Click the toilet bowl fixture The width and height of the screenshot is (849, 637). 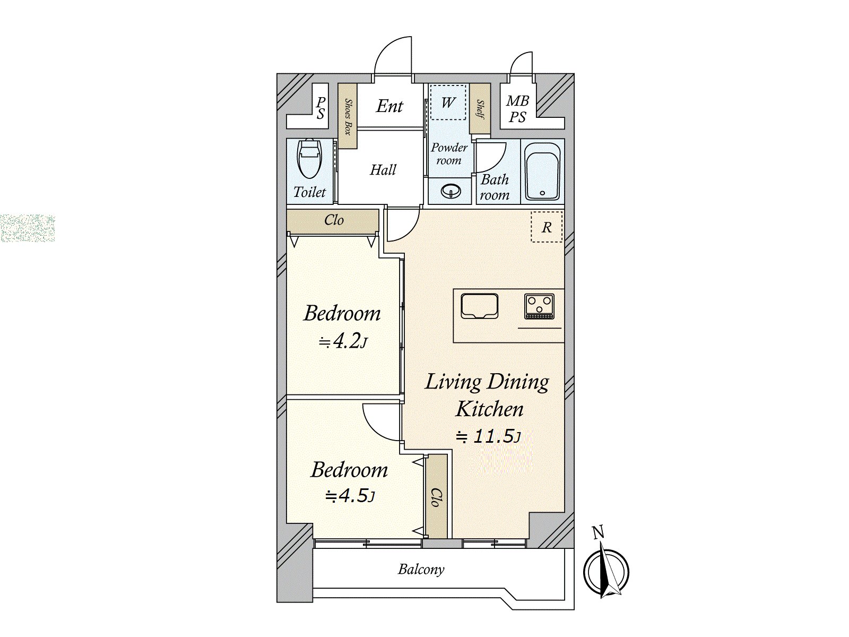[x=309, y=159]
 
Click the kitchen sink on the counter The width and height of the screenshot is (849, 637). [x=479, y=306]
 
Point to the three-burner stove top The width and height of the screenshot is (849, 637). [x=539, y=306]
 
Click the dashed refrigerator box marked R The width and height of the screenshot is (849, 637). [x=547, y=227]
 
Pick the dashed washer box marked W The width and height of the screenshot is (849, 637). [x=448, y=102]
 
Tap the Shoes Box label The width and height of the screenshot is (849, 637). [x=348, y=117]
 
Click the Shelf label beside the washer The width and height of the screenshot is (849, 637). [x=480, y=109]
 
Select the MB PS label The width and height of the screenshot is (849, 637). [x=517, y=109]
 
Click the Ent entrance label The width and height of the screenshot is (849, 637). [x=389, y=106]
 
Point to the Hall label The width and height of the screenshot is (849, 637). [x=383, y=170]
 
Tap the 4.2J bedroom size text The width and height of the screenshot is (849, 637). [x=343, y=341]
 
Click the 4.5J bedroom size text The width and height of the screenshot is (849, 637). [x=350, y=496]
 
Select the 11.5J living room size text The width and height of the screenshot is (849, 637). [x=489, y=437]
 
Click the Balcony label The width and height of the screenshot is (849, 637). [x=421, y=570]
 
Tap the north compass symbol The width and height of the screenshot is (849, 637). [x=606, y=571]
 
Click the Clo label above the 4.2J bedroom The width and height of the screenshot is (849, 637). [x=334, y=220]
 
